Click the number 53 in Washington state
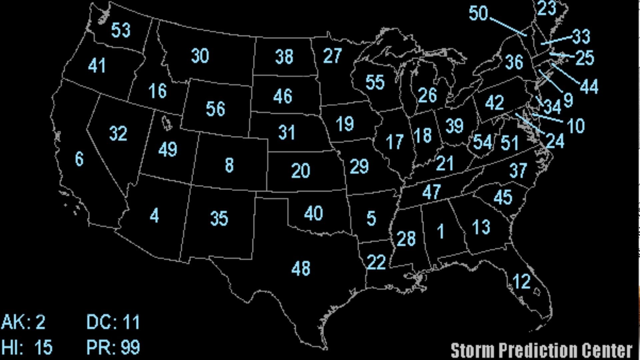pos(121,30)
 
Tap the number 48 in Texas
pos(301,268)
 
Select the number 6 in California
pos(79,159)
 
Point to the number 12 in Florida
pos(521,281)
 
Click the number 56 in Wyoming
pos(215,109)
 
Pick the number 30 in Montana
pos(200,56)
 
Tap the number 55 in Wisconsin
pos(375,82)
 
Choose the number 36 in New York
pos(514,62)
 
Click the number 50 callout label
pos(478,13)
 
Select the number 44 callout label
pos(589,86)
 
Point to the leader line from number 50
pos(508,27)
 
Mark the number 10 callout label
pos(576,126)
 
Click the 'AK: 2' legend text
pos(23,322)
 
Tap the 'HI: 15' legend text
pos(27,347)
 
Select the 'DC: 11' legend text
pos(113,322)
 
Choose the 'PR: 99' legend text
pos(113,347)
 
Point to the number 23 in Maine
pos(547,9)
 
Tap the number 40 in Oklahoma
pos(313,213)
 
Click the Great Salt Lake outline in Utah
pos(167,123)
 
